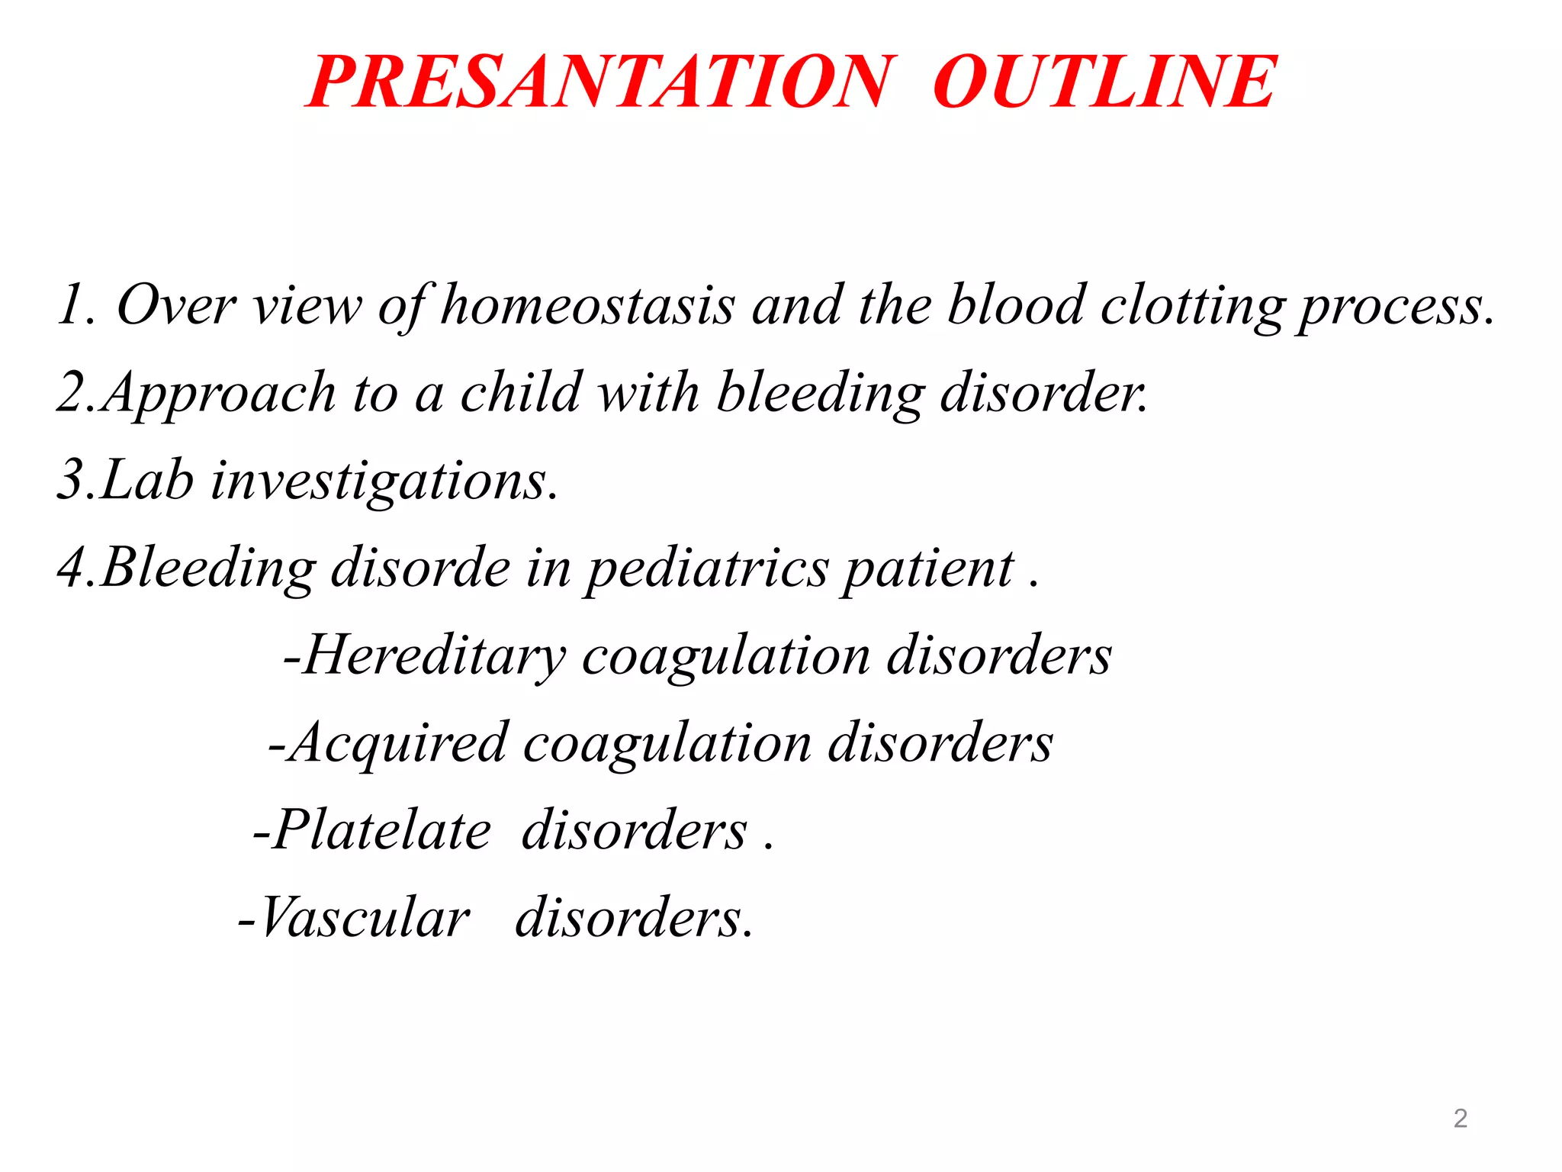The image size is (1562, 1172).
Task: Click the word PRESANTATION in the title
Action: (x=599, y=82)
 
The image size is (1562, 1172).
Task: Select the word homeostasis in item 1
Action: (x=587, y=305)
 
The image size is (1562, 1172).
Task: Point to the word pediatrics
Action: (x=706, y=569)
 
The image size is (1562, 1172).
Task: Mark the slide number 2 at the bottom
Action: (x=1460, y=1119)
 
